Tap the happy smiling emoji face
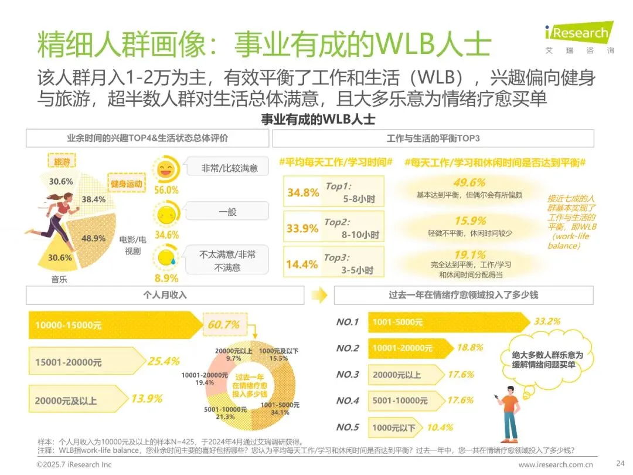click(x=166, y=169)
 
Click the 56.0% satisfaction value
click(x=166, y=190)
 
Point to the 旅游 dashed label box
click(x=62, y=162)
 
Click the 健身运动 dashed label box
click(x=127, y=184)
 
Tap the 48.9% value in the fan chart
click(x=93, y=238)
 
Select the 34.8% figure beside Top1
click(x=303, y=193)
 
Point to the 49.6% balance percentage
click(x=469, y=182)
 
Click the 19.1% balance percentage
click(x=470, y=255)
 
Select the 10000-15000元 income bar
click(x=115, y=325)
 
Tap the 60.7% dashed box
click(x=224, y=324)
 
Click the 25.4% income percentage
click(x=164, y=361)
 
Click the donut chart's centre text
click(x=250, y=385)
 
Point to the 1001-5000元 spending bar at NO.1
click(x=449, y=322)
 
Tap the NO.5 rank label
click(x=348, y=428)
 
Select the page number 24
click(x=621, y=463)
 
